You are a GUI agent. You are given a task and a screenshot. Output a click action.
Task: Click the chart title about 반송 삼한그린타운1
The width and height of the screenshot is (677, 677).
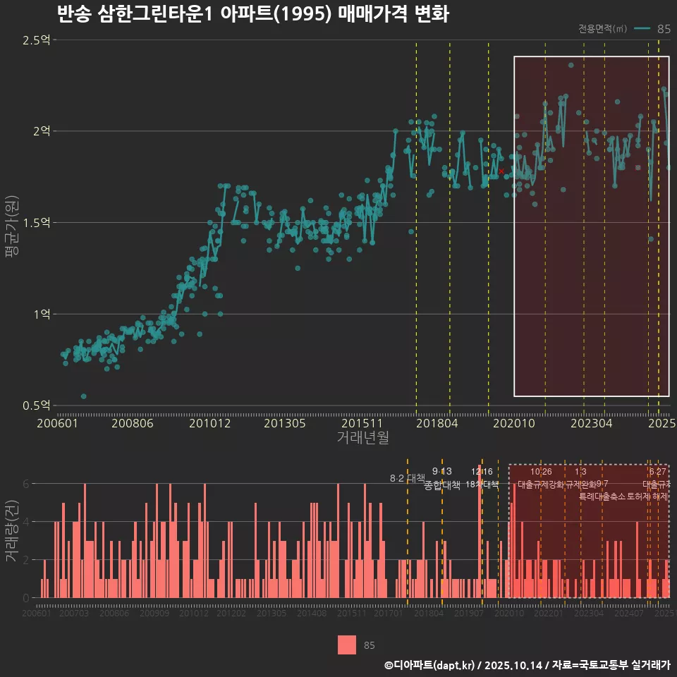point(252,15)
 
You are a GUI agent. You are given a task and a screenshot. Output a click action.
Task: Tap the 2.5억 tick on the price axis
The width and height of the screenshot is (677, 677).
point(36,40)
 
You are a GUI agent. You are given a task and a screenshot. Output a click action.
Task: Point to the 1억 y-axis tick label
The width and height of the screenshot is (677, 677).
point(40,314)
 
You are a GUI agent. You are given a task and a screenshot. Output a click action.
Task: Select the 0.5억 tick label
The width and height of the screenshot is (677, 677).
point(36,405)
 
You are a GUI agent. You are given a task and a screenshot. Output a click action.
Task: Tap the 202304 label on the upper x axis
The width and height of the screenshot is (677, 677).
point(590,424)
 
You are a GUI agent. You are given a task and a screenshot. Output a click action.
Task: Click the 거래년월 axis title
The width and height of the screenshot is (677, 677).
point(362,438)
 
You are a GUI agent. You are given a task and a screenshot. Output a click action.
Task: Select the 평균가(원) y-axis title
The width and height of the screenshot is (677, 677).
point(11,223)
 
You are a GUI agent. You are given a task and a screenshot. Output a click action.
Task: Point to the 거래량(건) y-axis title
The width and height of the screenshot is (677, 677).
point(11,531)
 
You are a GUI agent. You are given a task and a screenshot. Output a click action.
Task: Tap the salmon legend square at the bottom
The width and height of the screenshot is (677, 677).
point(347,645)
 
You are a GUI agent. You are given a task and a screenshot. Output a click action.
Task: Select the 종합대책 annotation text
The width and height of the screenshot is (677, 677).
point(442,485)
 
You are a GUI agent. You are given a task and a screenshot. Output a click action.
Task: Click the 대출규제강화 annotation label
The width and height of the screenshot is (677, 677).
point(541,485)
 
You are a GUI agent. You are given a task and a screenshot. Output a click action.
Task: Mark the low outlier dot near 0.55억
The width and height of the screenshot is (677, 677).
point(84,396)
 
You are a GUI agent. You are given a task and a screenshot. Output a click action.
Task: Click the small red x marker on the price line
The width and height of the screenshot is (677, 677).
point(501,171)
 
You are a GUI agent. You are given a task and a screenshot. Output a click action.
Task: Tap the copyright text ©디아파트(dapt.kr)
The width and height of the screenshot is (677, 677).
point(430,665)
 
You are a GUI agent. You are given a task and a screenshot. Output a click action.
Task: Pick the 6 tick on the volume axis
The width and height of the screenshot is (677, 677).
point(26,484)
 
